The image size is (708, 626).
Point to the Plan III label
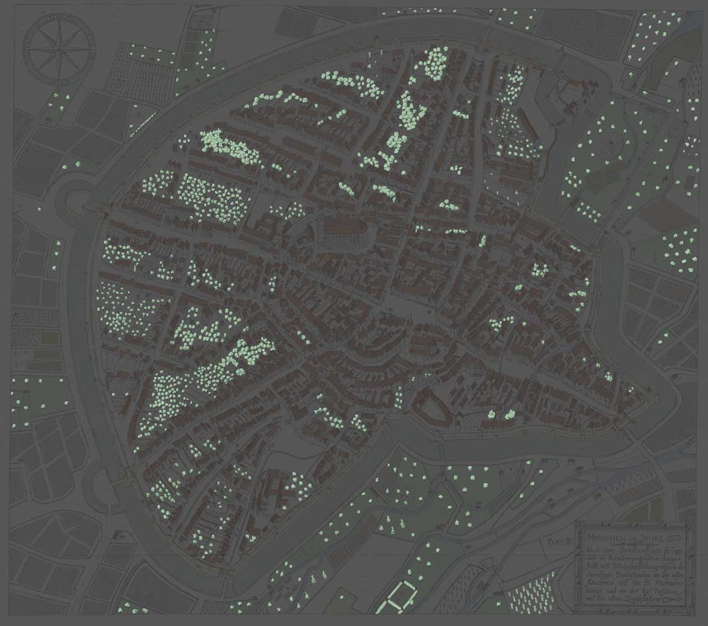pos(558,542)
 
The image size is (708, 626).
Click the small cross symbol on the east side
pos(655,255)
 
